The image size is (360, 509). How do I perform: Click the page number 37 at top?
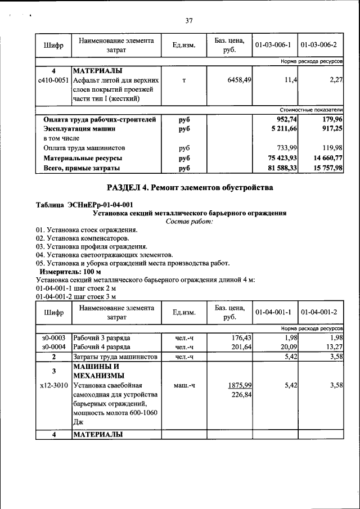pos(189,21)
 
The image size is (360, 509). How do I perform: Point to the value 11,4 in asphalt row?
pos(291,80)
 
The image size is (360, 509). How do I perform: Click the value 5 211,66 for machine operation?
pos(287,129)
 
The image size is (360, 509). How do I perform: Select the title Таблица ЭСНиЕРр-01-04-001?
pos(84,205)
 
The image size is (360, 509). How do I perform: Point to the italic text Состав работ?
pos(189,222)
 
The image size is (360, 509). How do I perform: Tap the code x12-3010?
pos(54,386)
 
